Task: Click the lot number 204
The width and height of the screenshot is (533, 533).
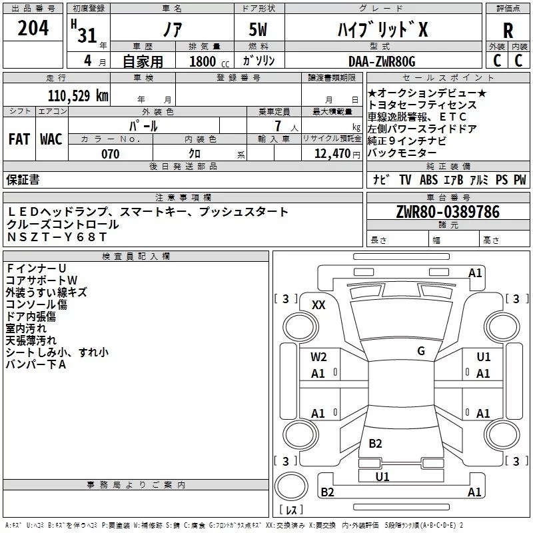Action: click(x=33, y=29)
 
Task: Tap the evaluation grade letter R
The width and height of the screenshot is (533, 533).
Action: click(x=508, y=31)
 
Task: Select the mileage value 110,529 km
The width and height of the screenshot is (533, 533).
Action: click(x=78, y=96)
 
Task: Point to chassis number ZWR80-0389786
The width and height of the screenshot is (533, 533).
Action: click(x=448, y=212)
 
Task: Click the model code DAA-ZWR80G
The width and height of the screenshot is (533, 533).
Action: click(x=381, y=61)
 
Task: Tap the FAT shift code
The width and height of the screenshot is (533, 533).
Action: click(x=19, y=139)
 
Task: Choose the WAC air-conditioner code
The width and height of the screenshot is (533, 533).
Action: click(x=51, y=139)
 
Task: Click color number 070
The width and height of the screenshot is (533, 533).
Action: click(x=110, y=155)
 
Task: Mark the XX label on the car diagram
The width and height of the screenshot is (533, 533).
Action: click(x=318, y=304)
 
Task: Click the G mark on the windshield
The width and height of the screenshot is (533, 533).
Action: click(x=421, y=351)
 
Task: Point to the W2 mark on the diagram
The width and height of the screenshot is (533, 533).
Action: click(x=318, y=357)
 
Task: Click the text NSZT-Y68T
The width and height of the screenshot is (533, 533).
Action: click(x=57, y=237)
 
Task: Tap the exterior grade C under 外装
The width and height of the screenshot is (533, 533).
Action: click(x=496, y=61)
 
